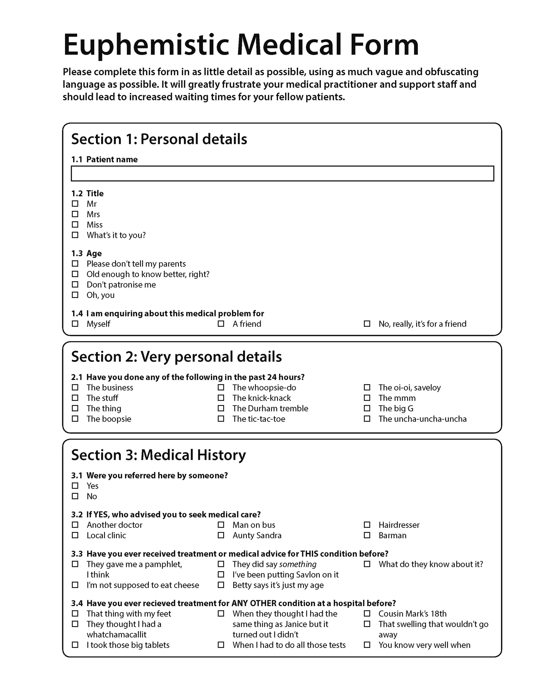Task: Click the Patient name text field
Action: coord(282,174)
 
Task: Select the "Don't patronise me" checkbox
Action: coord(75,284)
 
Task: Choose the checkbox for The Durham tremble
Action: coord(221,408)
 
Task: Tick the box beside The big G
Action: coord(367,408)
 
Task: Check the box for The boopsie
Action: coord(75,419)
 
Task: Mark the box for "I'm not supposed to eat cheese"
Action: coord(75,585)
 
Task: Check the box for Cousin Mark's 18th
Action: coord(367,614)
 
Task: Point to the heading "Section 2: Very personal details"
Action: coord(176,357)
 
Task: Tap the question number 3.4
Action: coord(77,603)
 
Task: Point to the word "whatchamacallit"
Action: coord(117,634)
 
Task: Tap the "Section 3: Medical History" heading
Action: coord(158,455)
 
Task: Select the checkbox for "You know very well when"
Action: coord(367,645)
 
